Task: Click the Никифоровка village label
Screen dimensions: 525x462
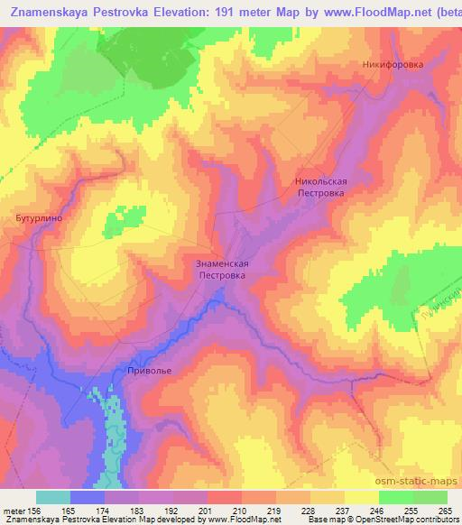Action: click(393, 65)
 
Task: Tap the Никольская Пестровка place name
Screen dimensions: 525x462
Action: click(320, 187)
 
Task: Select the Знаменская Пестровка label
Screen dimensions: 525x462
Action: click(221, 269)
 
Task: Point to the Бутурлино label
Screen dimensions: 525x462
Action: click(36, 217)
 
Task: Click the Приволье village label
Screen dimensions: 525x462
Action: click(149, 369)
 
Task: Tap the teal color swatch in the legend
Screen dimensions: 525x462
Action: click(53, 497)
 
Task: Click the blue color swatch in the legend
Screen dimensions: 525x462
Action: click(88, 497)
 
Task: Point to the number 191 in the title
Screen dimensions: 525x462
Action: click(262, 13)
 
